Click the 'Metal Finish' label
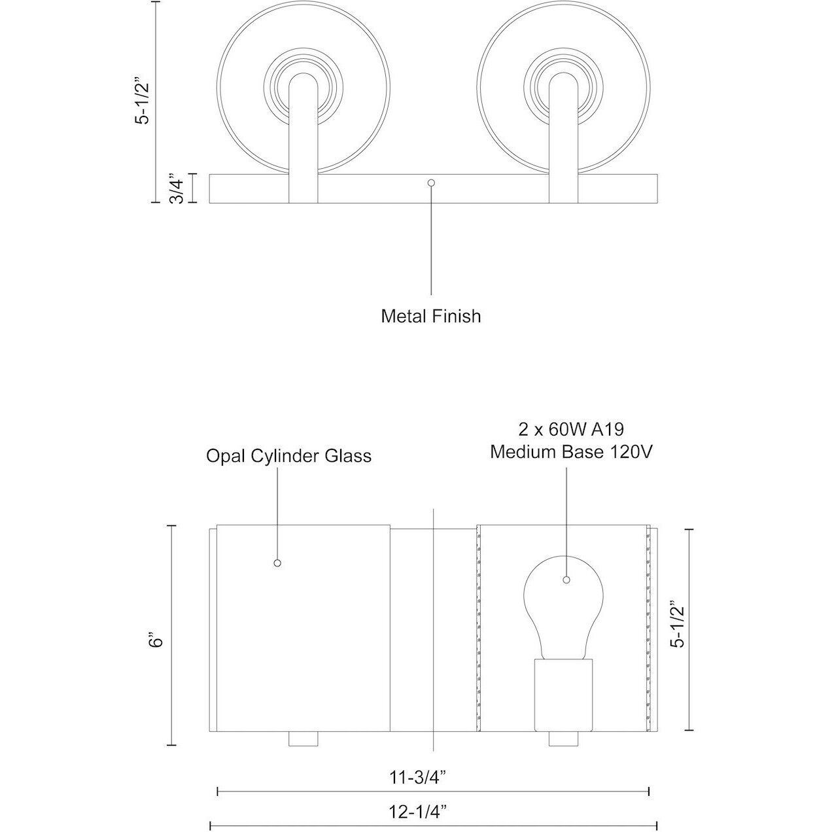tap(430, 317)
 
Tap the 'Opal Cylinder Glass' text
tap(288, 455)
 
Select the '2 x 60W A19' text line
tap(571, 430)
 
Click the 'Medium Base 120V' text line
tap(571, 452)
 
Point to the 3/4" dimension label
tap(175, 188)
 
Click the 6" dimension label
tap(155, 638)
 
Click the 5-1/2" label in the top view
tap(143, 102)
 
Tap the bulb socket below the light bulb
tap(563, 693)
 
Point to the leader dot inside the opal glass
tap(277, 563)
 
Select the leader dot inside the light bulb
tap(566, 580)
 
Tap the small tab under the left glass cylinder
tap(303, 739)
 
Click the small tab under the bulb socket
tap(563, 739)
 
